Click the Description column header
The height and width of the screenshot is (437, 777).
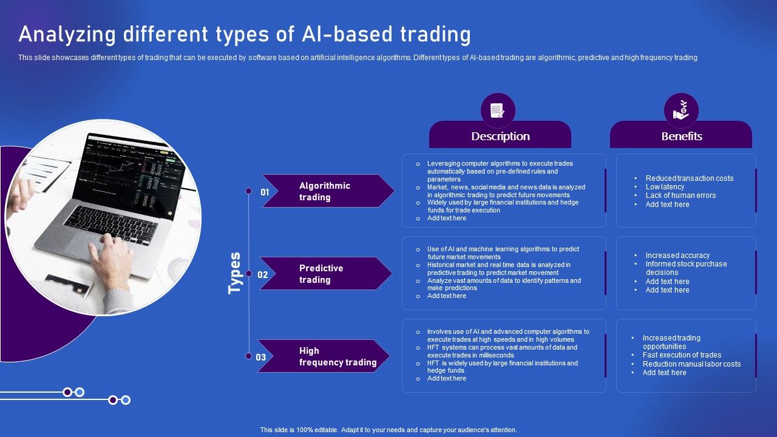pos(500,137)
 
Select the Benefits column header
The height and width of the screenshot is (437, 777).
pos(682,137)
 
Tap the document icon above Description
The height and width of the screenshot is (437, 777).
pos(498,110)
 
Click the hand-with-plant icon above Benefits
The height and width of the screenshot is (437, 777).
pos(680,110)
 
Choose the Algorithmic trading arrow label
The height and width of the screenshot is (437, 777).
pos(325,191)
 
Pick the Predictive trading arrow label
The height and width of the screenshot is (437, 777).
pos(321,274)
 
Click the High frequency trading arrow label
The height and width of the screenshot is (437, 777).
pos(338,356)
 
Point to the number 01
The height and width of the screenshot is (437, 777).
pos(265,192)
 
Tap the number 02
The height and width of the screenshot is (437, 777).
pos(263,274)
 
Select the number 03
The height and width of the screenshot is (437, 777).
pos(261,357)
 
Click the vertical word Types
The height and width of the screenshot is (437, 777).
pos(235,273)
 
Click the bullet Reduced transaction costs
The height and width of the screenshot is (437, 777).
pos(689,178)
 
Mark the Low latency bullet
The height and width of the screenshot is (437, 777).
pos(665,187)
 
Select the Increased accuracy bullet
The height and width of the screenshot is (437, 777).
pos(677,256)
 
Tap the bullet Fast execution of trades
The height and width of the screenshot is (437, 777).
pos(682,355)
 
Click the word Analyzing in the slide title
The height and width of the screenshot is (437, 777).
pos(66,35)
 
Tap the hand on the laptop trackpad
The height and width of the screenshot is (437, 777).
pos(112,255)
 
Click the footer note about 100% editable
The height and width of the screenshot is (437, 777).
pos(388,430)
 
